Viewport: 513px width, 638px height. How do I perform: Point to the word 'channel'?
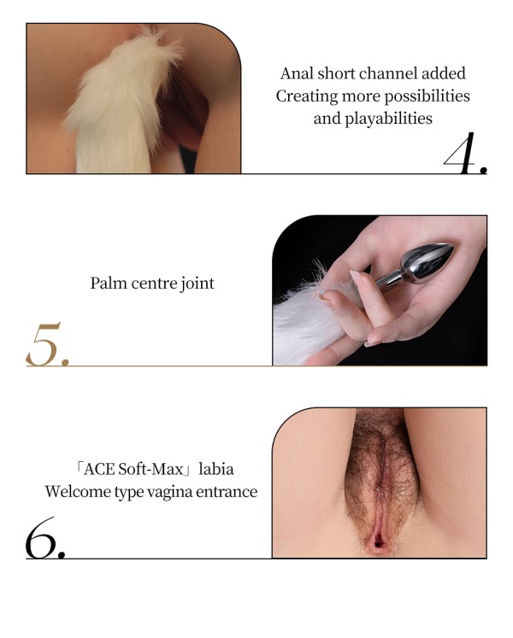click(388, 73)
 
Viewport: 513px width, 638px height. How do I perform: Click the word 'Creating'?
click(306, 97)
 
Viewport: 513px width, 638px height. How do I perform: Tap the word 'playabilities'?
click(388, 119)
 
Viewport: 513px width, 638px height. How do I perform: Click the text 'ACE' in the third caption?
click(98, 470)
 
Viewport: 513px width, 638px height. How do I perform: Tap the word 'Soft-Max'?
click(150, 470)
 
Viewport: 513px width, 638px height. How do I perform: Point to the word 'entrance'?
click(227, 492)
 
